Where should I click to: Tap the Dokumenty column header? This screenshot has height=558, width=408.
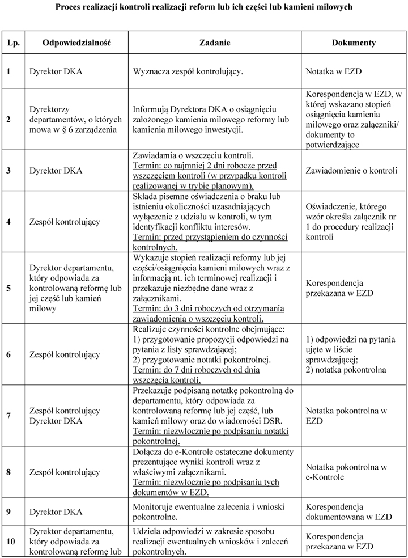(354, 43)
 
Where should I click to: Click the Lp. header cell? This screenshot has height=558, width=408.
(12, 43)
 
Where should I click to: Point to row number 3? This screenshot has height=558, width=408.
(8, 170)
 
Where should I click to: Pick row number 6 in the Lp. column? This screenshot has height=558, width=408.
(8, 354)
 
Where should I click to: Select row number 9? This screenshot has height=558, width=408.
(8, 511)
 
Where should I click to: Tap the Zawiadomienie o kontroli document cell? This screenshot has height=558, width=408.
(346, 170)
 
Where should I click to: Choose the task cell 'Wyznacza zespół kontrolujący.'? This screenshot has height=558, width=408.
(188, 73)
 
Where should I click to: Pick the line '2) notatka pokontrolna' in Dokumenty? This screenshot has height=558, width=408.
(346, 370)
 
